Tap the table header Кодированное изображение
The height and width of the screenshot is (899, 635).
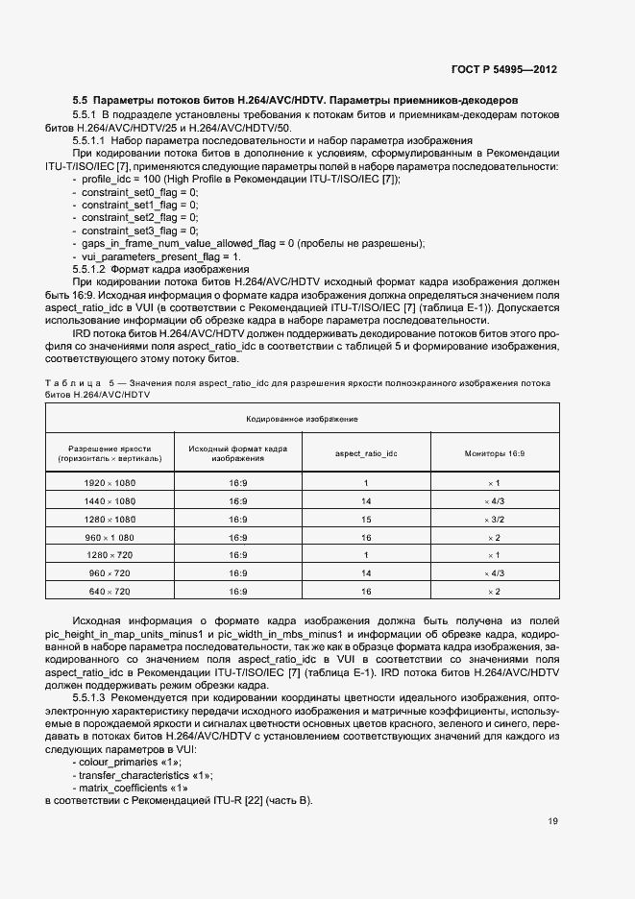[302, 419]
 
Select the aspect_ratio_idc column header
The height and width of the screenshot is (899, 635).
[366, 453]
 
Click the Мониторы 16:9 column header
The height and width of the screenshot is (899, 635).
[495, 453]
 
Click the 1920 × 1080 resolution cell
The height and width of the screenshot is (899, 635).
[110, 482]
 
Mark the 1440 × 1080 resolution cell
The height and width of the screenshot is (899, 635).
[110, 500]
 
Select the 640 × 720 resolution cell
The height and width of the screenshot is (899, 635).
[110, 591]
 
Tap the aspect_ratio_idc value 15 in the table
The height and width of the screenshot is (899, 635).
[366, 519]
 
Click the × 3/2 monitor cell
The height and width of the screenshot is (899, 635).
[495, 519]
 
